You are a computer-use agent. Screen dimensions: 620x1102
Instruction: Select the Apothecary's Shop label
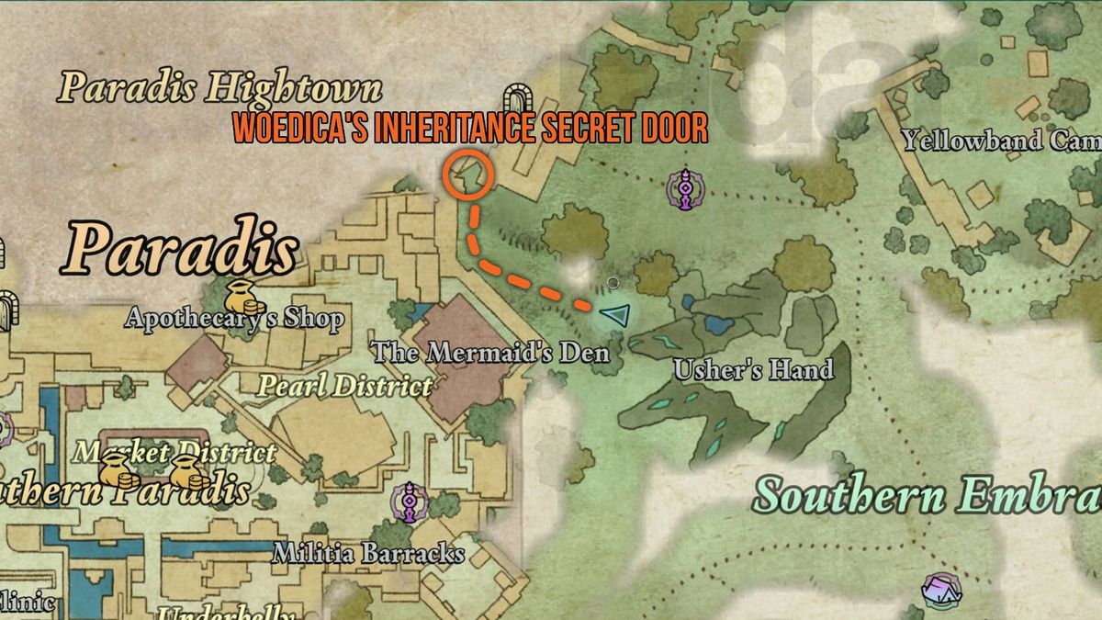coord(235,320)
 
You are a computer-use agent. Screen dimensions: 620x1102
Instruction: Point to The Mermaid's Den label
coord(490,351)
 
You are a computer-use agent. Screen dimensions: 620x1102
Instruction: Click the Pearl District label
coord(344,386)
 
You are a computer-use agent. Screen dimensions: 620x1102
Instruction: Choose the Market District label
coord(174,453)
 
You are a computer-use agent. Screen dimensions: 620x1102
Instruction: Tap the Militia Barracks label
coord(369,554)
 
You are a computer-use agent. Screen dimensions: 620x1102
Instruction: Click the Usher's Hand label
coord(753,370)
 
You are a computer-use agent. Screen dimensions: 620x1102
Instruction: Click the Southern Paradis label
coord(124,491)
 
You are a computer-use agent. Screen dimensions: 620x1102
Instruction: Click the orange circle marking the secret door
coord(468,174)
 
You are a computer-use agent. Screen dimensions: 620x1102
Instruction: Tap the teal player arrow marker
coord(614,316)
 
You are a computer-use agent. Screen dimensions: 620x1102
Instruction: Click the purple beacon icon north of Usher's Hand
coord(685,189)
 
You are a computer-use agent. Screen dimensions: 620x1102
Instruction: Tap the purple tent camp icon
coord(941,590)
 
